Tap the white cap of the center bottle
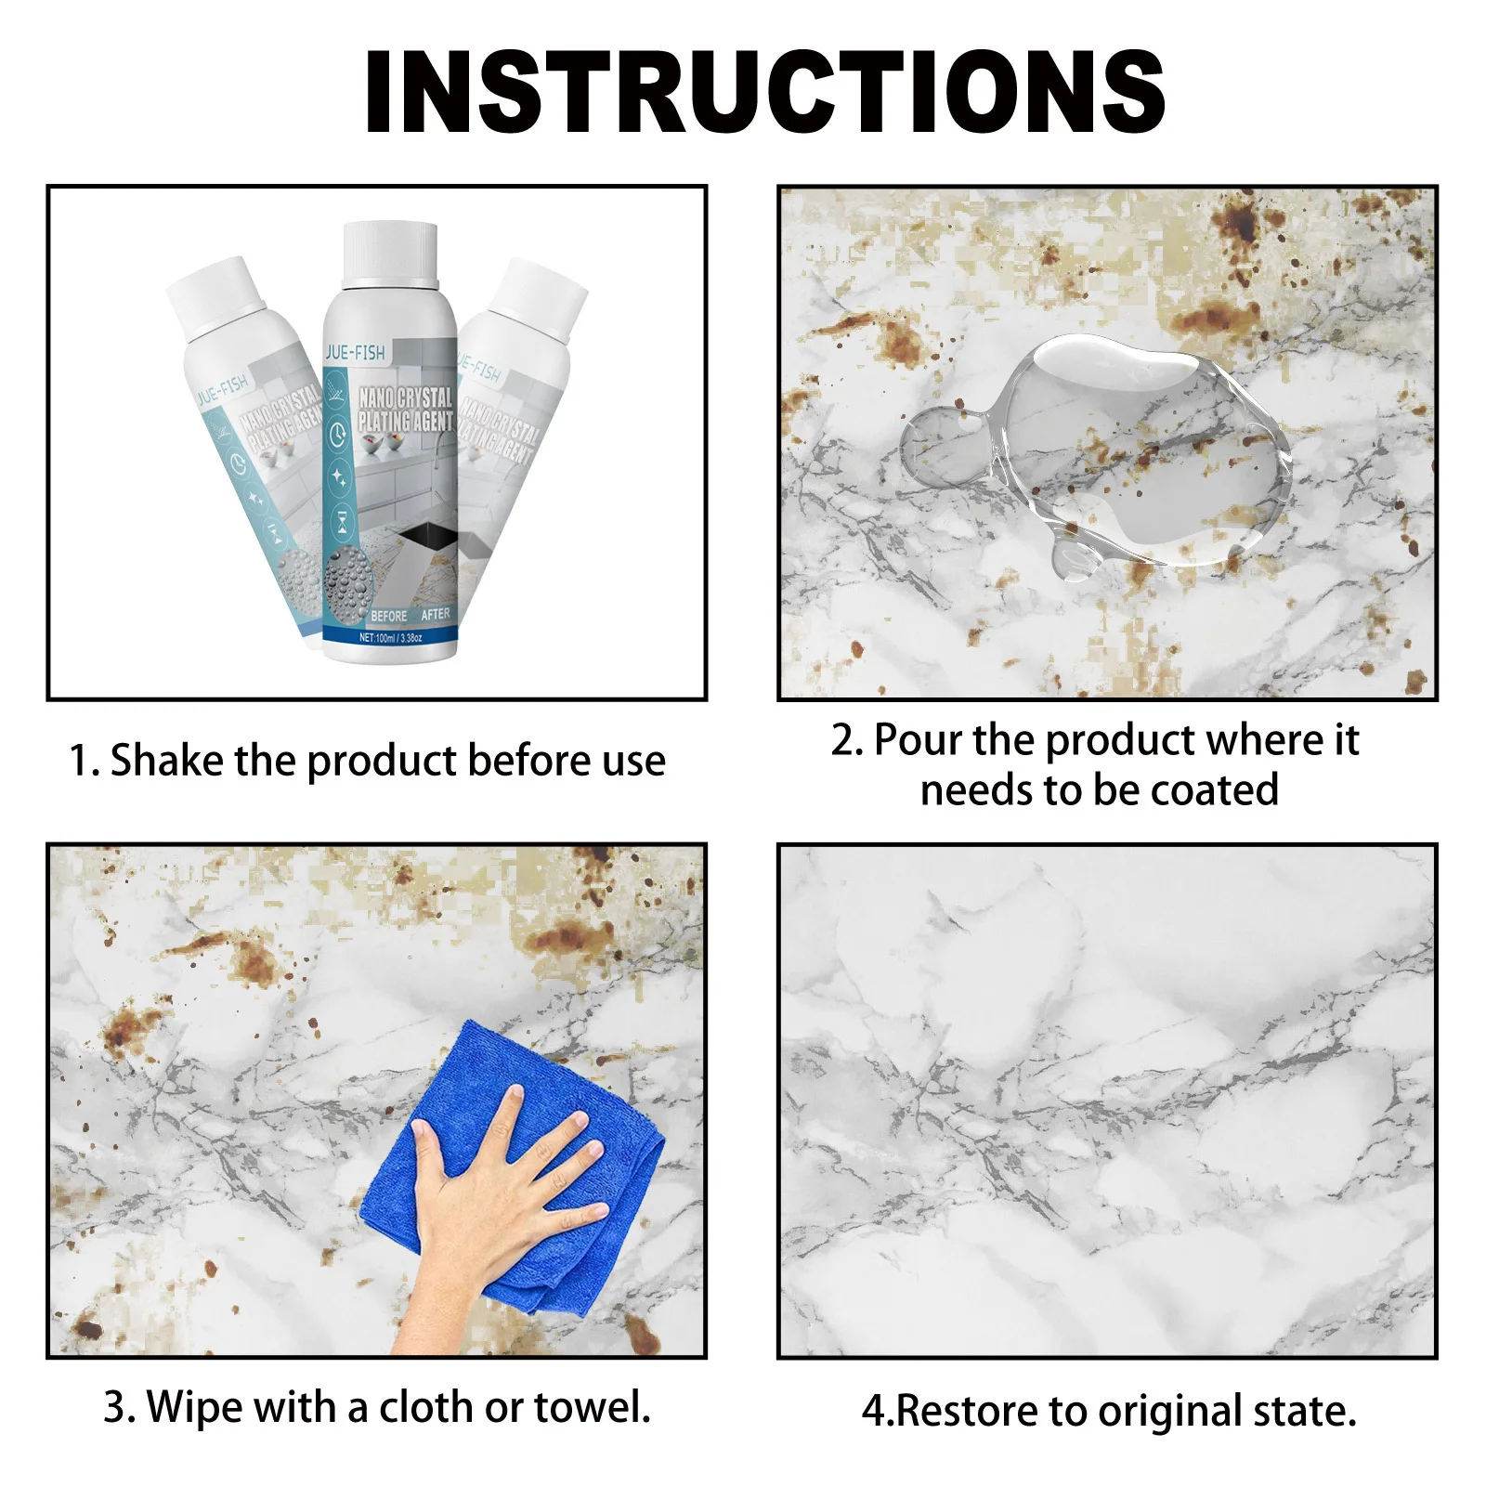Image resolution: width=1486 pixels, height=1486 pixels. pos(390,253)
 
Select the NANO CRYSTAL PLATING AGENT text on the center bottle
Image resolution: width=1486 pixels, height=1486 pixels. pos(406,410)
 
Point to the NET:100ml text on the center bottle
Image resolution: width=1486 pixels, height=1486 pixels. pos(390,638)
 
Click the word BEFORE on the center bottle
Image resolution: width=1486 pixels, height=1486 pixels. pos(388,616)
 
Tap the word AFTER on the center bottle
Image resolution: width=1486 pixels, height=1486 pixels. pos(435,614)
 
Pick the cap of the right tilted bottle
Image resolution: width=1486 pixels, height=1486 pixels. pos(541,295)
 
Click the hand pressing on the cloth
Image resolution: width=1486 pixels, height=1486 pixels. pos(502,1198)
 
